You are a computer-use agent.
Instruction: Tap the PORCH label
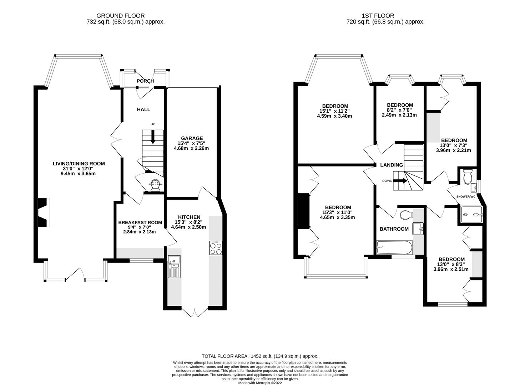[x=145, y=81]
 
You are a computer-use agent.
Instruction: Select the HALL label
[x=143, y=109]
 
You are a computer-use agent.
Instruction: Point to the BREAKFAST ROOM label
[x=140, y=222]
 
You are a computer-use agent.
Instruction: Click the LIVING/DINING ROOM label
[x=79, y=164]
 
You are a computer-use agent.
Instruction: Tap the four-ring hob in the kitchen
[x=216, y=248]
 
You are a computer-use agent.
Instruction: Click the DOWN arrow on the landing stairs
[x=402, y=181]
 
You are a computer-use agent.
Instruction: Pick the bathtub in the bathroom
[x=394, y=247]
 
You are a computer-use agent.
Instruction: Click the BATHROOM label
[x=394, y=229]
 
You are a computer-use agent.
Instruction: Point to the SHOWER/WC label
[x=466, y=196]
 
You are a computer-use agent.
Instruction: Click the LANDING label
[x=391, y=165]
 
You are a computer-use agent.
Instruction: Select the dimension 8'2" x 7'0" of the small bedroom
[x=400, y=110]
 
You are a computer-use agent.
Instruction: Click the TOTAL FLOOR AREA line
[x=259, y=356]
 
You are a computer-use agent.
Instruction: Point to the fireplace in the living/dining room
[x=43, y=212]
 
